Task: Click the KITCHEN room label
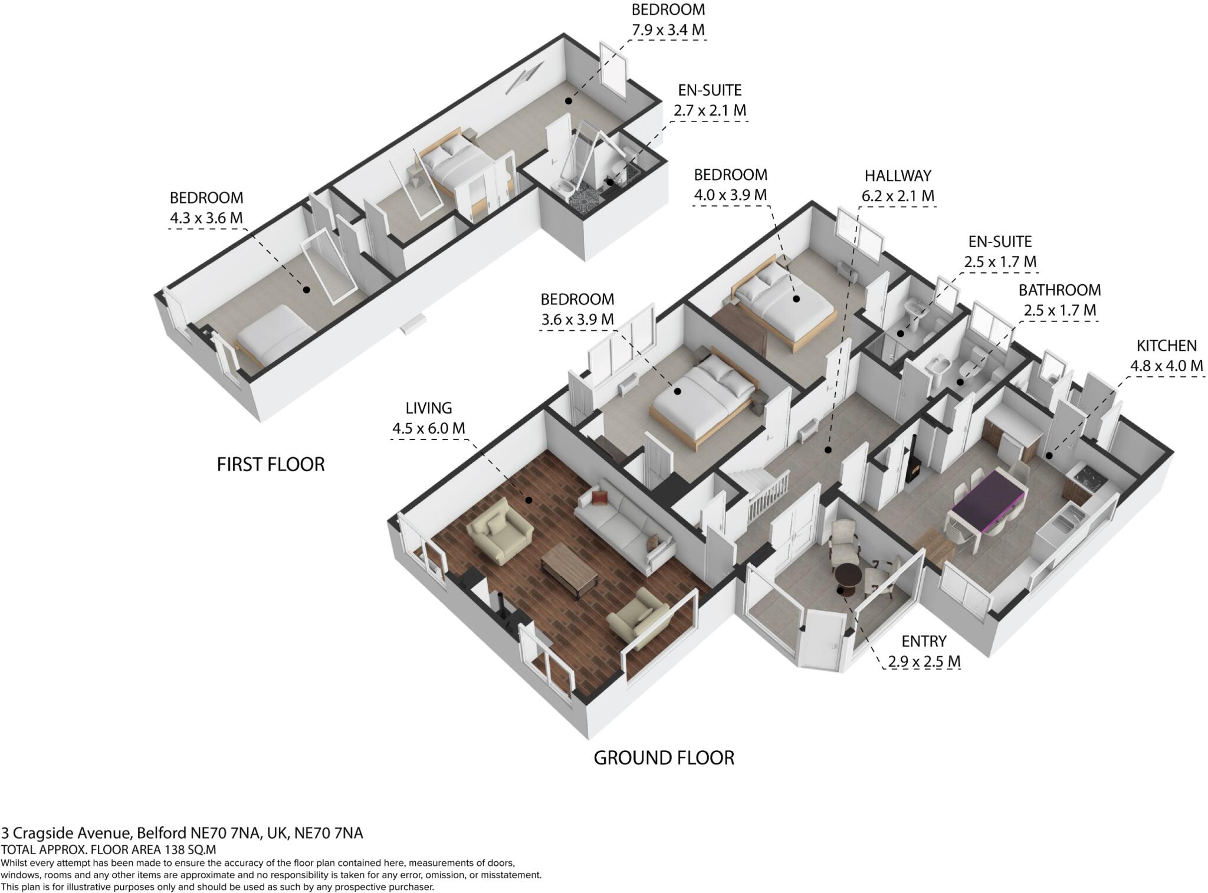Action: click(1166, 346)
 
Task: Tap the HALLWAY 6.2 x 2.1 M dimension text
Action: click(898, 196)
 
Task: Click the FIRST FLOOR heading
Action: click(271, 465)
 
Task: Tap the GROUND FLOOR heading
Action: click(664, 758)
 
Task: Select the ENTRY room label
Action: click(924, 641)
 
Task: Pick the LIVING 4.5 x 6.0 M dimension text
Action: click(429, 428)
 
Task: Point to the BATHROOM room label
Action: click(1059, 290)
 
